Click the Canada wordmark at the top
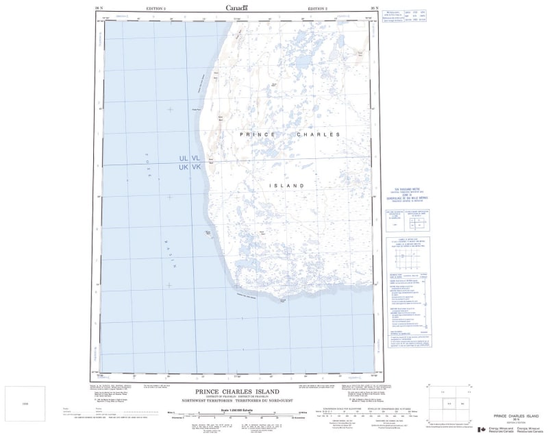[237, 8]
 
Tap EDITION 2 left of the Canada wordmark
[157, 8]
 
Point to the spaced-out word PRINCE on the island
[258, 135]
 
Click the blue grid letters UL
[184, 158]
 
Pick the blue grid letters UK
[184, 167]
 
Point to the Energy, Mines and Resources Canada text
[501, 428]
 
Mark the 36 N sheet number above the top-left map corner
[99, 8]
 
